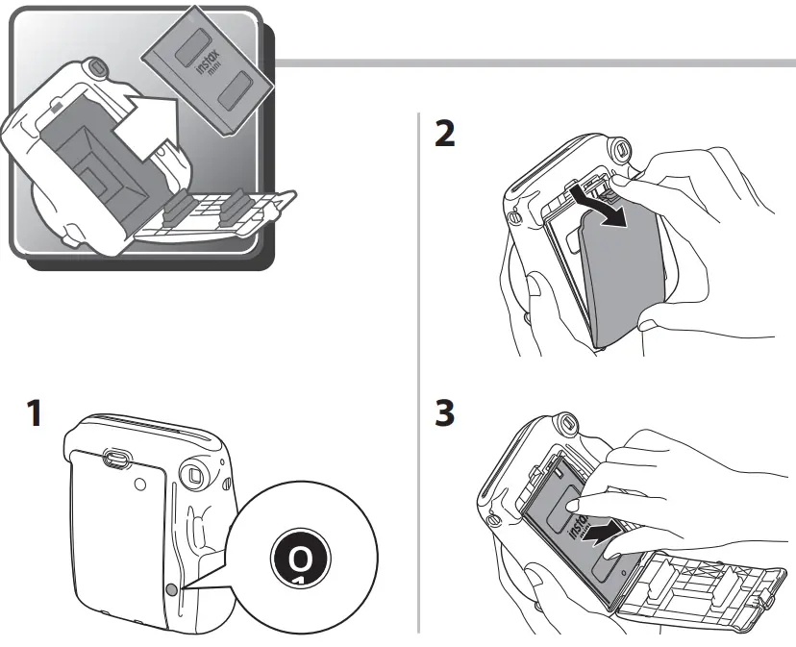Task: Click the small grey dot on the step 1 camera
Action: tap(172, 589)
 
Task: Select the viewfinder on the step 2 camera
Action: tap(620, 150)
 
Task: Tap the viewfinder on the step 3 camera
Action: tap(567, 422)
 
